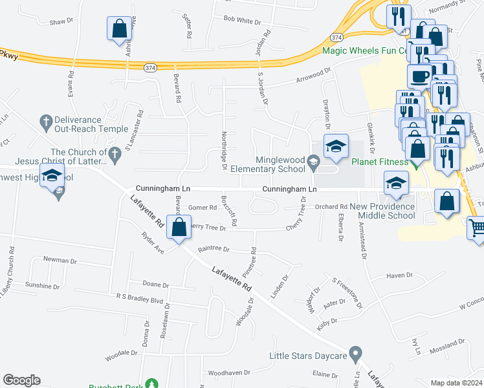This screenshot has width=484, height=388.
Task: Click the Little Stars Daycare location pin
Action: (355, 354)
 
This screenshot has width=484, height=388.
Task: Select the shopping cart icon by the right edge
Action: (477, 228)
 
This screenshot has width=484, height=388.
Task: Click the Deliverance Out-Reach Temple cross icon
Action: (45, 120)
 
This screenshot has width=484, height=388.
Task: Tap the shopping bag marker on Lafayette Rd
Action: (179, 228)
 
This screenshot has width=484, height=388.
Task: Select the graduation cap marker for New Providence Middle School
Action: (396, 184)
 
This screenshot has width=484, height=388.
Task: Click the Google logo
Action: (21, 380)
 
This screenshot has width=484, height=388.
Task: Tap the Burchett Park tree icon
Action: (152, 384)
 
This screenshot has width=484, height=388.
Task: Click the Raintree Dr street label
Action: (214, 248)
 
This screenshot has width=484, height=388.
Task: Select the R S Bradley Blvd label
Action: (139, 300)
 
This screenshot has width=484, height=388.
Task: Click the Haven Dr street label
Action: (399, 275)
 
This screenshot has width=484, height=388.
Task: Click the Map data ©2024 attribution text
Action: (457, 383)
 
